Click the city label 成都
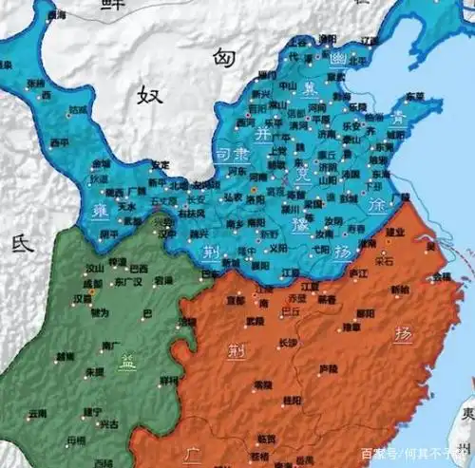[x=91, y=283]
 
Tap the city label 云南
[x=37, y=414]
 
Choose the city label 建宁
[x=93, y=411]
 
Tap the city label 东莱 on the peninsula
[x=414, y=96]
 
